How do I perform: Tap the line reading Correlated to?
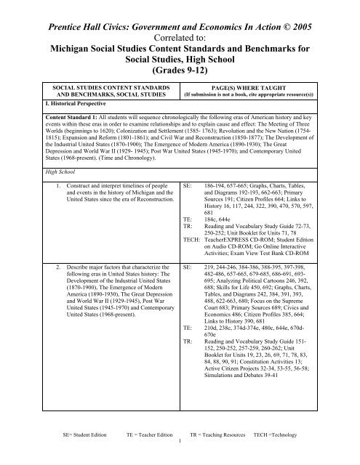tap(180, 22)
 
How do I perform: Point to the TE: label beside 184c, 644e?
tap(187, 237)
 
